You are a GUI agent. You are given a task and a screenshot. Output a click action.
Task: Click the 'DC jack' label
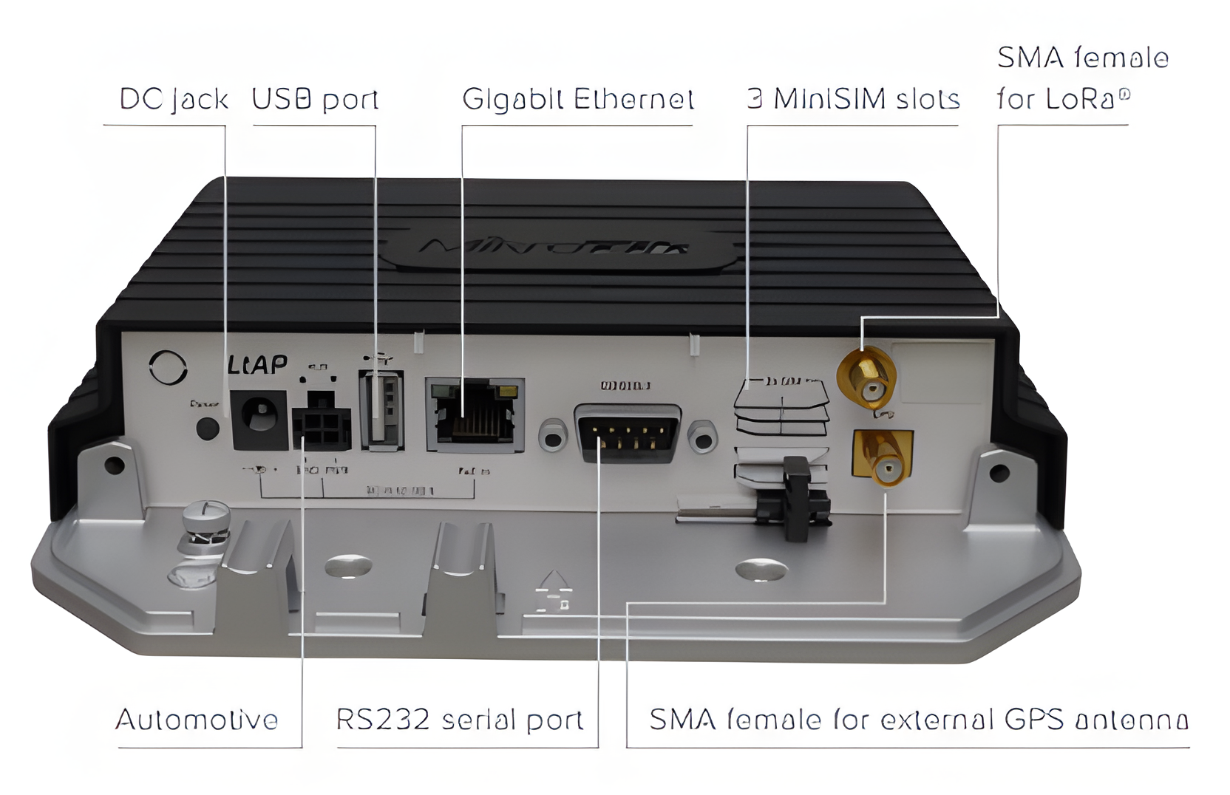coord(174,99)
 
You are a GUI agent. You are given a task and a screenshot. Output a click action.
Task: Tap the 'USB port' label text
coord(315,99)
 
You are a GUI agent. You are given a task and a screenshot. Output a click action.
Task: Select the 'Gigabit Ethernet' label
coord(577,99)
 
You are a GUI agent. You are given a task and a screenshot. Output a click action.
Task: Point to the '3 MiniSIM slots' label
coord(853,99)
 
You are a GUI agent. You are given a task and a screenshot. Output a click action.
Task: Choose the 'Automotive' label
coord(197,720)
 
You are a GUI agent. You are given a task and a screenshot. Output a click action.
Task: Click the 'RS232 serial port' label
coord(459,720)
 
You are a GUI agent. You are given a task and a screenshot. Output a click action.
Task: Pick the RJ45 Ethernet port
coord(474,414)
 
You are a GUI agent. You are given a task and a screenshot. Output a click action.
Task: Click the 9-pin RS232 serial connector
coord(628,434)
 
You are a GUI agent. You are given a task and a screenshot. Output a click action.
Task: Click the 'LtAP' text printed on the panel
coord(256,364)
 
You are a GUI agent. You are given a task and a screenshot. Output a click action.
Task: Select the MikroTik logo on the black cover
coord(554,248)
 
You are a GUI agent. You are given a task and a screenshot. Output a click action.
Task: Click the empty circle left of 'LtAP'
coord(168,367)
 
